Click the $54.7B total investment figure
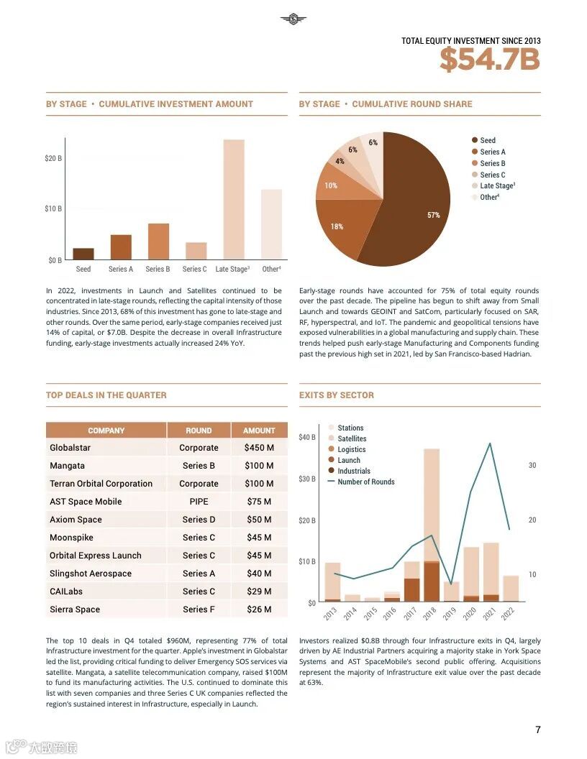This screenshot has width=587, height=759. pyautogui.click(x=489, y=59)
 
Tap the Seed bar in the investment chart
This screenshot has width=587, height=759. pyautogui.click(x=83, y=254)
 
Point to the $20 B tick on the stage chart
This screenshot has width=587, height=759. pyautogui.click(x=54, y=158)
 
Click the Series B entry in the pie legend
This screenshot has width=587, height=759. pyautogui.click(x=493, y=163)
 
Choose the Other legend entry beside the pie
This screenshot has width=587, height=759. pyautogui.click(x=489, y=197)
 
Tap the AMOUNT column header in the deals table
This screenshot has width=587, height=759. pyautogui.click(x=259, y=431)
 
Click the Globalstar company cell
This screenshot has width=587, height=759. pyautogui.click(x=70, y=448)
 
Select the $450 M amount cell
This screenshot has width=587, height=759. pyautogui.click(x=259, y=448)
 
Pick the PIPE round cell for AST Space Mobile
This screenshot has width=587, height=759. pyautogui.click(x=199, y=502)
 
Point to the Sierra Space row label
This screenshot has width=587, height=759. pyautogui.click(x=75, y=609)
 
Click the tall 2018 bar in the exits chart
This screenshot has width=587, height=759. pyautogui.click(x=432, y=525)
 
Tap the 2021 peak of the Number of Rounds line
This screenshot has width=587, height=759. pyautogui.click(x=490, y=443)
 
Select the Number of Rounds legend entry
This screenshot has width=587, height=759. pyautogui.click(x=365, y=482)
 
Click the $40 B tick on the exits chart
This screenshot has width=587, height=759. pyautogui.click(x=307, y=437)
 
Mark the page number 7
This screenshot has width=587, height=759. pyautogui.click(x=538, y=730)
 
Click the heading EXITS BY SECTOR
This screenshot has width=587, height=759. pyautogui.click(x=337, y=395)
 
